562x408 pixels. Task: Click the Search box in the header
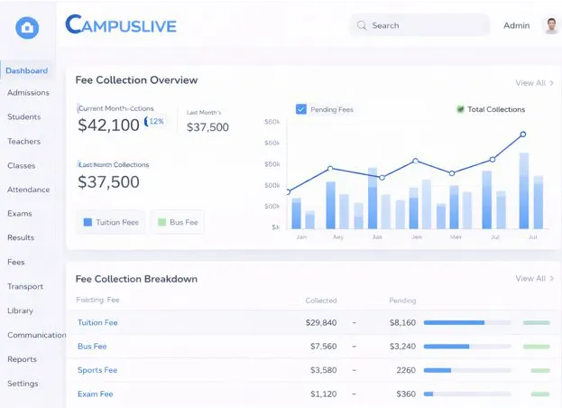[x=419, y=25]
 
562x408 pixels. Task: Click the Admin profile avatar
[x=551, y=25]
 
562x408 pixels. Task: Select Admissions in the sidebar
[x=28, y=93]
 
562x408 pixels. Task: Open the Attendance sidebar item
[x=28, y=190]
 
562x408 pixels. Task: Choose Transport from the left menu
[x=25, y=286]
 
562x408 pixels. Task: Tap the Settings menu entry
[x=23, y=384]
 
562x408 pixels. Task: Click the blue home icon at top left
[x=27, y=28]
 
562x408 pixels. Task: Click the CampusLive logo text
[x=121, y=24]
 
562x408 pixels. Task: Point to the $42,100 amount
[x=108, y=125]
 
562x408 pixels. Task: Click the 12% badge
[x=155, y=121]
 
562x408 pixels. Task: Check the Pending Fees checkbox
[x=301, y=109]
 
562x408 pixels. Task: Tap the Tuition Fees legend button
[x=111, y=222]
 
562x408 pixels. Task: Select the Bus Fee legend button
[x=177, y=222]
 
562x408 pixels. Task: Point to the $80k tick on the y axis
[x=272, y=122]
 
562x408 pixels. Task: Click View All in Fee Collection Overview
[x=534, y=83]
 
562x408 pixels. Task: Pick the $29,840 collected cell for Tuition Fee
[x=321, y=322]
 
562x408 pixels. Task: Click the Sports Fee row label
[x=97, y=370]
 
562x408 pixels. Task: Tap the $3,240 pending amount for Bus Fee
[x=401, y=347]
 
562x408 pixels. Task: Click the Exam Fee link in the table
[x=95, y=394]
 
